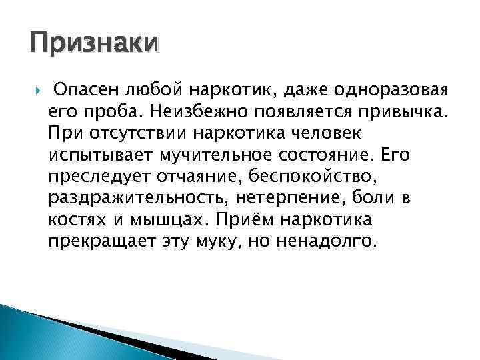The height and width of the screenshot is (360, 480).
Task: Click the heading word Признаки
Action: tap(94, 45)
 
